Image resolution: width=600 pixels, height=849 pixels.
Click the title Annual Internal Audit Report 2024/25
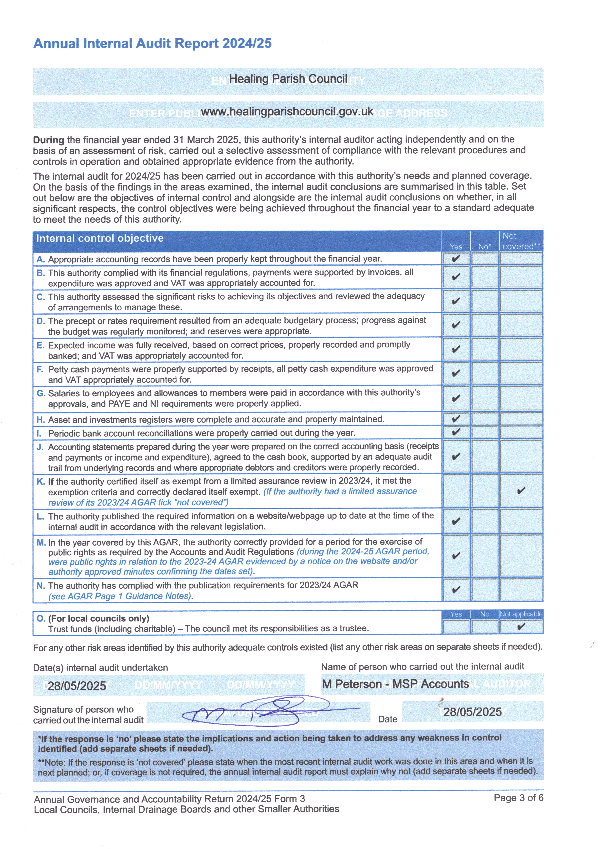(x=152, y=44)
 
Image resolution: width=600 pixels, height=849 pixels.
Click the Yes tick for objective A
(x=456, y=258)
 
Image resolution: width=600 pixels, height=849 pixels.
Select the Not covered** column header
(x=521, y=241)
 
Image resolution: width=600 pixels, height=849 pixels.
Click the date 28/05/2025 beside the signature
(x=472, y=712)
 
